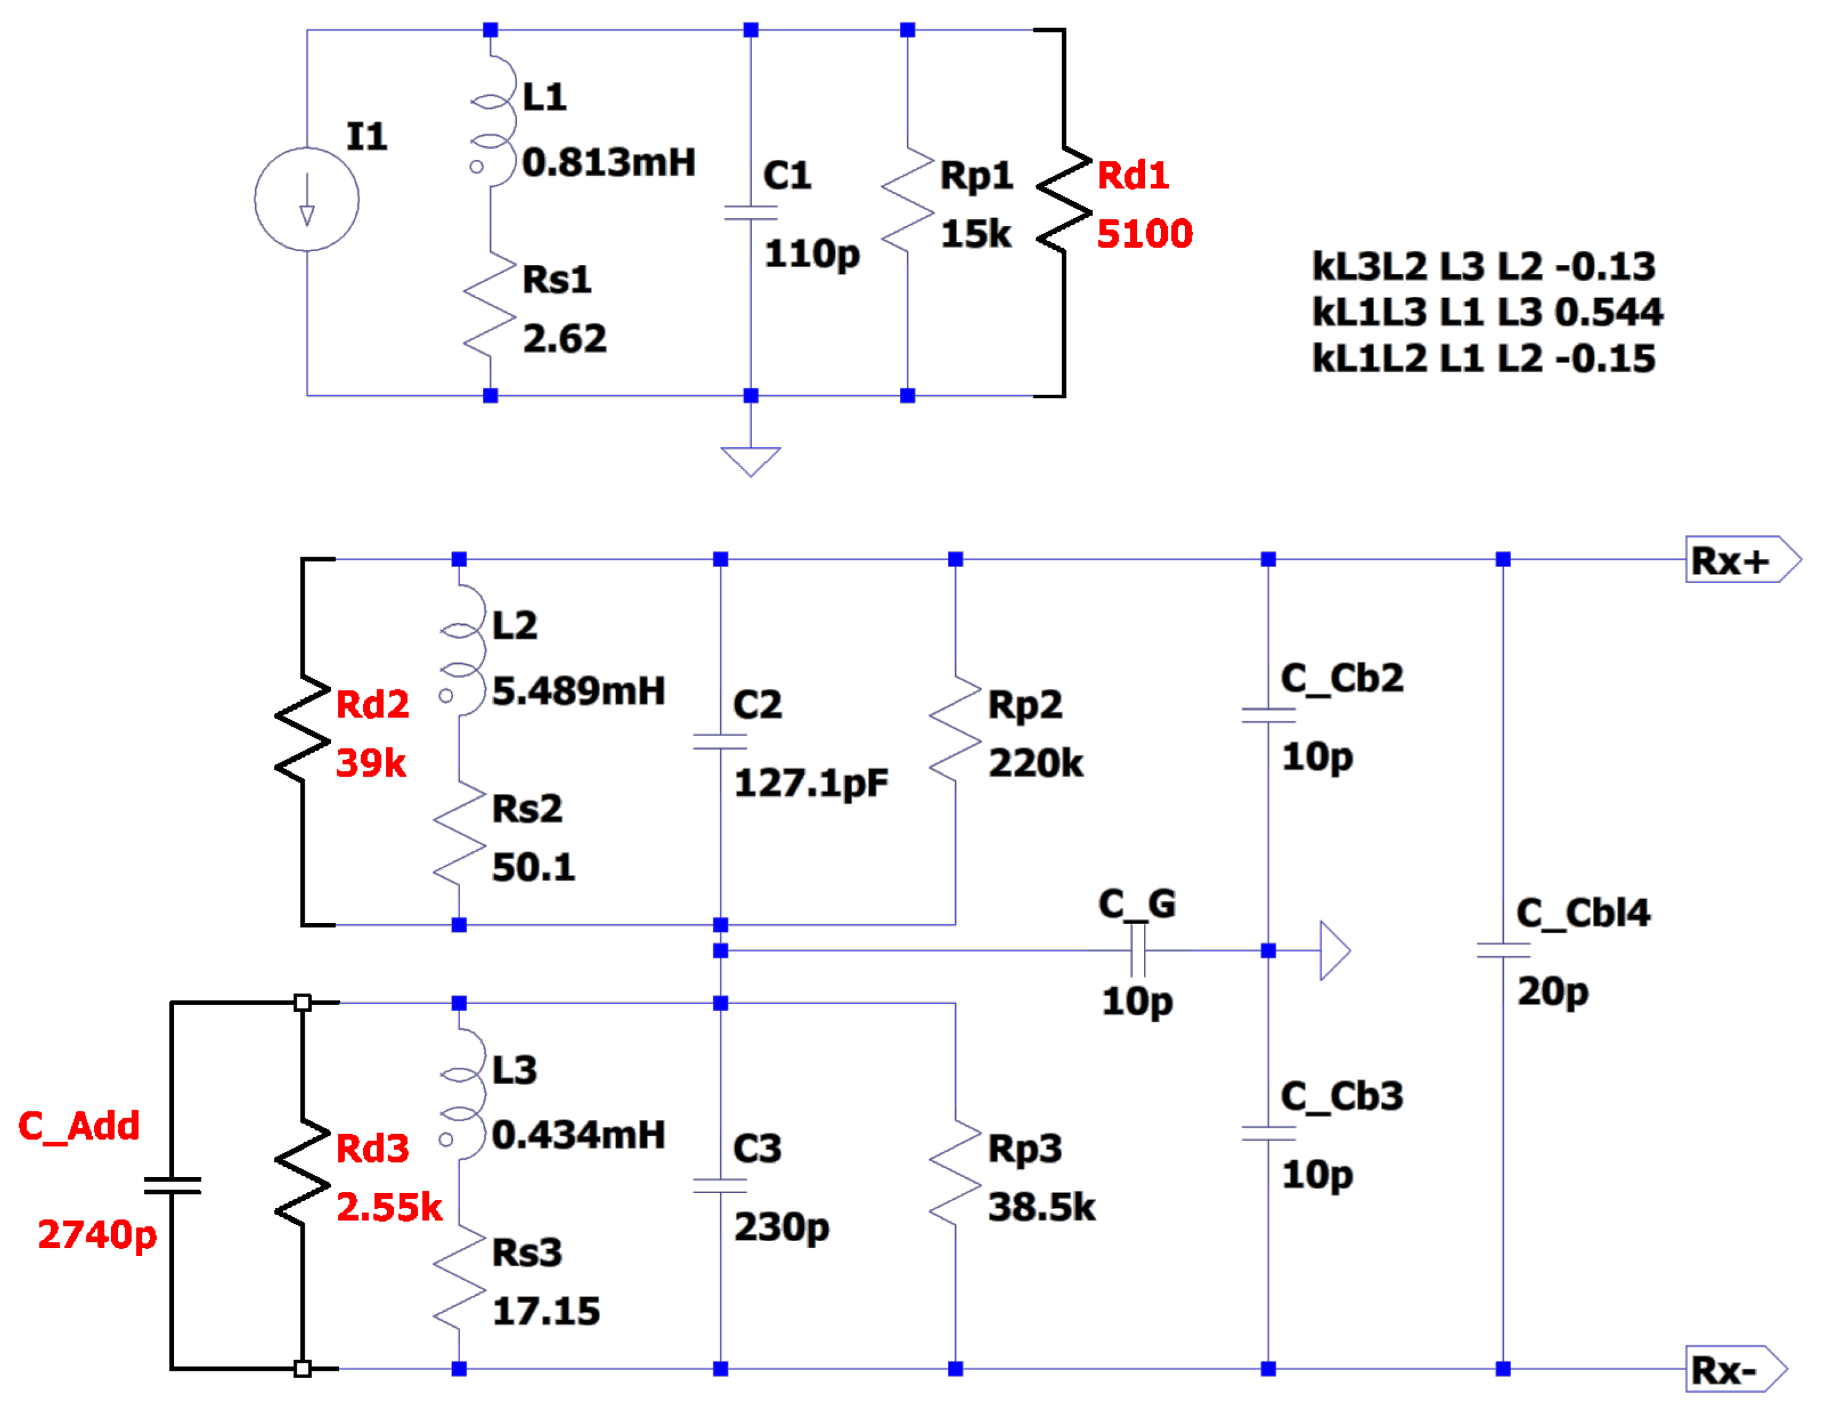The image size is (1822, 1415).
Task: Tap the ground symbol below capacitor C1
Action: (x=750, y=461)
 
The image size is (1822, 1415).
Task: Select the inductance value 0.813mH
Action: (x=608, y=163)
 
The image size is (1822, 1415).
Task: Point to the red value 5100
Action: (x=1144, y=233)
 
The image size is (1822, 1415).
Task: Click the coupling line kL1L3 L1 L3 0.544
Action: (x=1486, y=312)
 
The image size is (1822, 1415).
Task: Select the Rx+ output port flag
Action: (x=1740, y=560)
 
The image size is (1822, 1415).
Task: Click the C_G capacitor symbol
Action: (x=1137, y=951)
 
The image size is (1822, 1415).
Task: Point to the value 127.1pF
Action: (x=811, y=783)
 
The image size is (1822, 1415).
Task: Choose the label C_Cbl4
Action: (x=1582, y=913)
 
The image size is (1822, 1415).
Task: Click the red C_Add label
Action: (x=79, y=1126)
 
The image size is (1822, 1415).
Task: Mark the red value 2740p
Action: (x=97, y=1235)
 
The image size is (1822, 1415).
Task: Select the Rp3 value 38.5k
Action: (x=1041, y=1207)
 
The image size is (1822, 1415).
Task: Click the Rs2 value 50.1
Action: (x=533, y=868)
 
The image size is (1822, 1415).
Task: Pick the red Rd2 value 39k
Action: (x=370, y=763)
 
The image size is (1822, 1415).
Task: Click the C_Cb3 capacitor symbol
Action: (x=1267, y=1133)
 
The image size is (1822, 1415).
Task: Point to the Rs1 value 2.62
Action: (x=564, y=339)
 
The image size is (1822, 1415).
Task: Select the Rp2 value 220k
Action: (x=1035, y=763)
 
